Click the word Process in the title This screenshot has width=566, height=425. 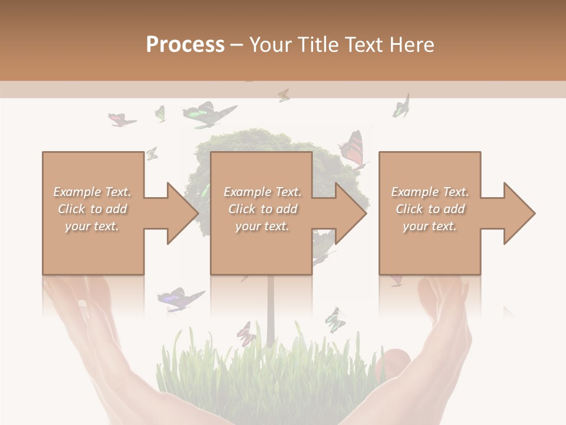(185, 44)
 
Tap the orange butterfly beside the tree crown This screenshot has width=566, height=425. (353, 149)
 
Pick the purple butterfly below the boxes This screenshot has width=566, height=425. (178, 298)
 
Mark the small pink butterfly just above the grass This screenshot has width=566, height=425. (246, 334)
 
